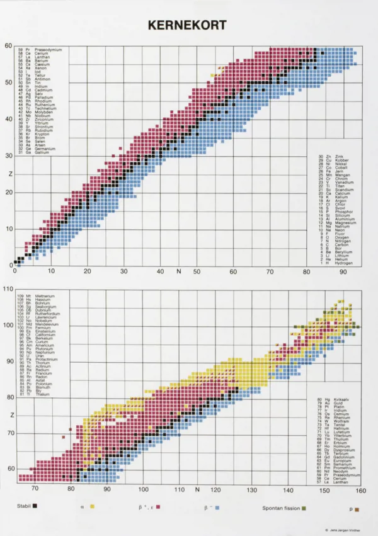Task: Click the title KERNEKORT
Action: coord(188,25)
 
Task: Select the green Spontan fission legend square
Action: coord(304,506)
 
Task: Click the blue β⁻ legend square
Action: coord(216,506)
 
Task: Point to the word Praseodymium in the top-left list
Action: coord(45,49)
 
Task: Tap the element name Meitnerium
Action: coord(45,296)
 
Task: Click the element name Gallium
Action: coord(43,152)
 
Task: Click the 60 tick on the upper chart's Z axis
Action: coord(8,45)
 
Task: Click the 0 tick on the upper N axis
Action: coord(14,271)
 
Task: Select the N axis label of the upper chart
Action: coord(179,271)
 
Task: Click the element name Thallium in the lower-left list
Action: coord(42,394)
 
